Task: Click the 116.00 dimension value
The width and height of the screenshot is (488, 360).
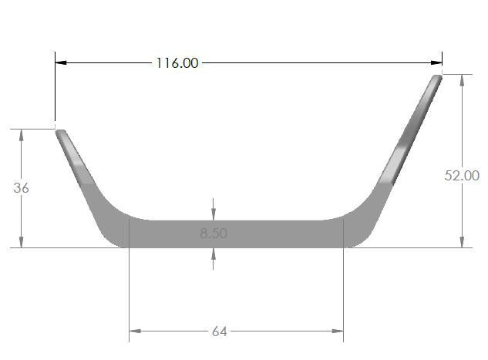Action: [177, 62]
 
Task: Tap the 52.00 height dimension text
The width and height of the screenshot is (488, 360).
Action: [462, 176]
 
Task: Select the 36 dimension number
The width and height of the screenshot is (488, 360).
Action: [21, 187]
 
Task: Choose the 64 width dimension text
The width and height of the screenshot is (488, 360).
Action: [219, 331]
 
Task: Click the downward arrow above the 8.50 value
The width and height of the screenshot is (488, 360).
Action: [214, 214]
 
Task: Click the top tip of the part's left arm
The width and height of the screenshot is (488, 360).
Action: [59, 131]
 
